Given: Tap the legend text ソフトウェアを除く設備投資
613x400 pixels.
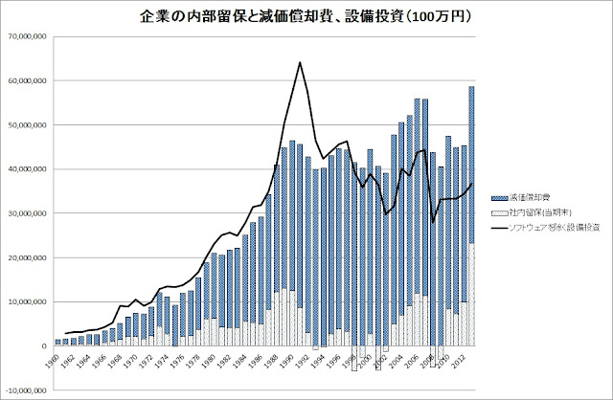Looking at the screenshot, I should tap(550, 227).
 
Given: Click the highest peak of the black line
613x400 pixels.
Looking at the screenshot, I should tap(300, 62).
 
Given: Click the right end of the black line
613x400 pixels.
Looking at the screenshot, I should tap(471, 184).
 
